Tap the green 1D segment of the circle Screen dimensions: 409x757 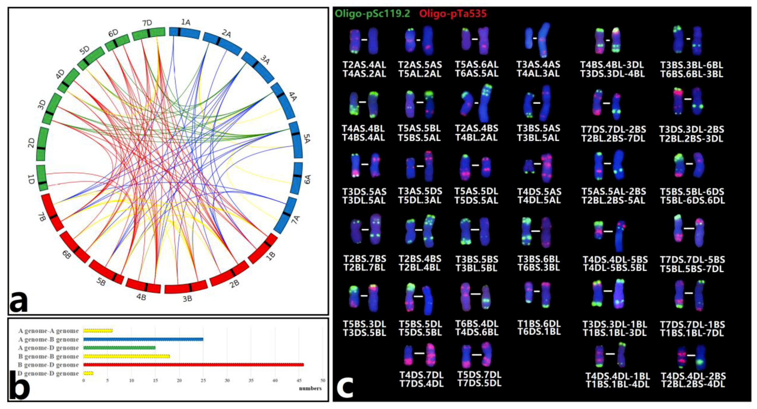coord(42,177)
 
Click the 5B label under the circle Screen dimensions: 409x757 coord(101,282)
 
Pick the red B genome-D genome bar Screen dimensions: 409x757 coord(193,365)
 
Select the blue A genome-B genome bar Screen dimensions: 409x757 coord(143,339)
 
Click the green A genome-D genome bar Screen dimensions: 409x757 coord(119,348)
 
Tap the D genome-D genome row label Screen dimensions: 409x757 coord(48,373)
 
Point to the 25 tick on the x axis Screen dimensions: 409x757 coord(203,381)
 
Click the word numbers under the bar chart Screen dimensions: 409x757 coord(310,389)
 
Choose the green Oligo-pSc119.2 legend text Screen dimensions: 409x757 coord(372,14)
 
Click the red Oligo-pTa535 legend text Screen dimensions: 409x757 coord(453,14)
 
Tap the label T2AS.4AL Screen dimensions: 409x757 coord(364,65)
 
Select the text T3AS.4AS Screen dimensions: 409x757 coord(538,65)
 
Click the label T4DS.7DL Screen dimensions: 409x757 coord(421,375)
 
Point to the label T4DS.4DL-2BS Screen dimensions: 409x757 coord(693,376)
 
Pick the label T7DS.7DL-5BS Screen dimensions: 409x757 coord(692,260)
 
